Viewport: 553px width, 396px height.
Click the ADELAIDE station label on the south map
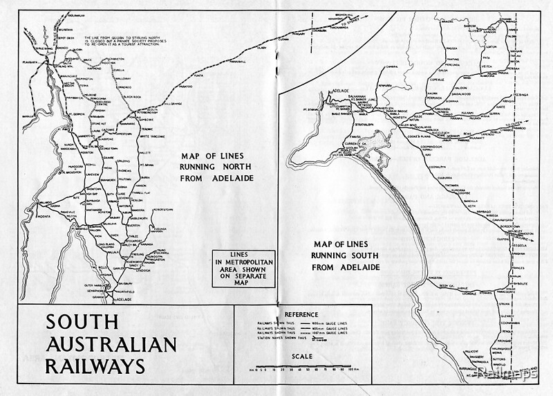[341, 91]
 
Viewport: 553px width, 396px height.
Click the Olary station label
[261, 49]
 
